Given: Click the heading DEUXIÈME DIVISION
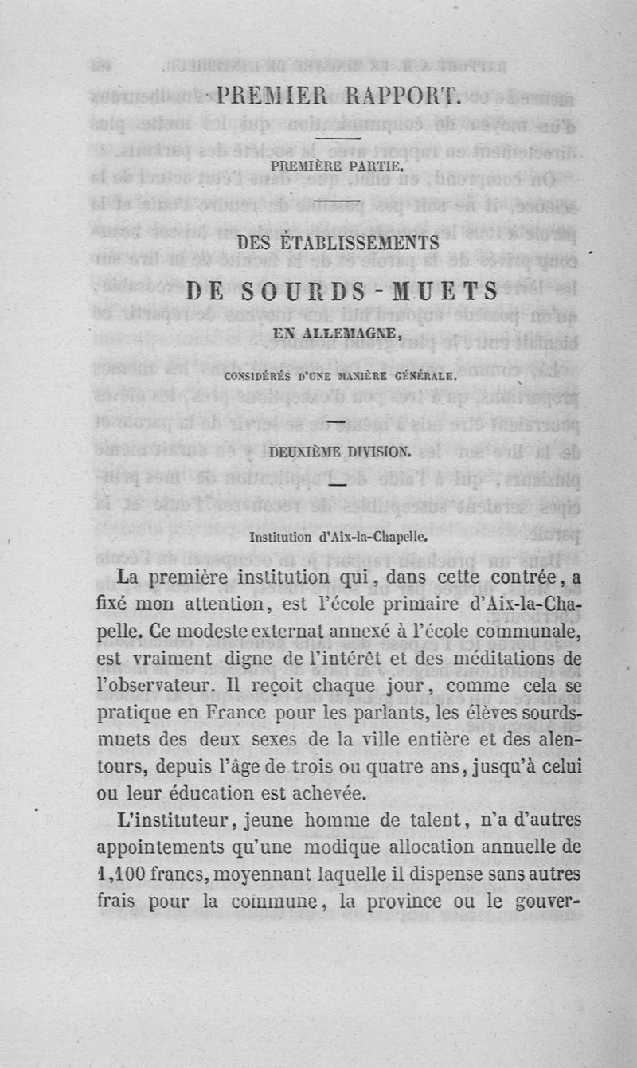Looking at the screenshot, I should pos(340,453).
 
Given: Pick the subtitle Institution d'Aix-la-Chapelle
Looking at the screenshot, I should pos(338,537).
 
